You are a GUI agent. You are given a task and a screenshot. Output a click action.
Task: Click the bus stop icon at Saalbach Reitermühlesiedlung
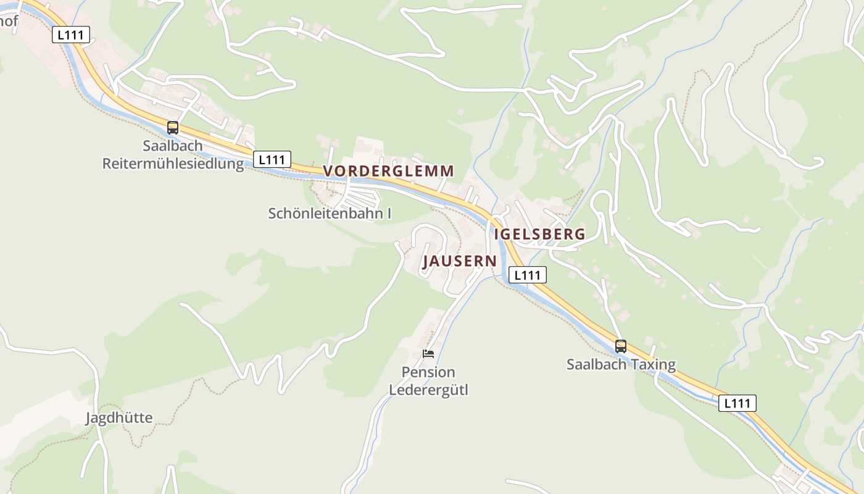173,128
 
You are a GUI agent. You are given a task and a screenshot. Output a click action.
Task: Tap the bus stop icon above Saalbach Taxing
621,346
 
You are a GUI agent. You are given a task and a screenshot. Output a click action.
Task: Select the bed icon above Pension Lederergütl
428,354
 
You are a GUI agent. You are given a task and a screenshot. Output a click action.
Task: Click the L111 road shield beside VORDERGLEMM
272,159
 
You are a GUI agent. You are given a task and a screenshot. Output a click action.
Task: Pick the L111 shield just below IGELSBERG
527,275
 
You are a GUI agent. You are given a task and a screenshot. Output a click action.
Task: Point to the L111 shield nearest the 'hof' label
70,35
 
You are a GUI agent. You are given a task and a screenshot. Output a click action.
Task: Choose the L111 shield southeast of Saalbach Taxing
737,403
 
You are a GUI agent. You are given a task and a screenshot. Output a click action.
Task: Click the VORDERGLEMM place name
389,171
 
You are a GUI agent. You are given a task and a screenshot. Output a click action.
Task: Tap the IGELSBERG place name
539,234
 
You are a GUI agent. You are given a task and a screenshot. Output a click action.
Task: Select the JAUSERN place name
460,261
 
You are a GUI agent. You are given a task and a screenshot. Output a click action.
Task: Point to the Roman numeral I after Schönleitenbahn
389,214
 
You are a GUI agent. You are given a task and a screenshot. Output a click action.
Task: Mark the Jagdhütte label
118,418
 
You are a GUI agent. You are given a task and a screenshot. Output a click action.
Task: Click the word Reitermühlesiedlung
173,164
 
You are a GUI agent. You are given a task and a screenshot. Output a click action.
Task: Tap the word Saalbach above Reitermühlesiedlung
173,146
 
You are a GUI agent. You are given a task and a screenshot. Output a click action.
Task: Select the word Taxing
652,364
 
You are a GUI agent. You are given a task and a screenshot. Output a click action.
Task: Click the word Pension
428,372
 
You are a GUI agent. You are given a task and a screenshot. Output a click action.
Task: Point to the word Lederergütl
428,390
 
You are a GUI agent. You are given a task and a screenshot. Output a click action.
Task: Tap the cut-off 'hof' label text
9,22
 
